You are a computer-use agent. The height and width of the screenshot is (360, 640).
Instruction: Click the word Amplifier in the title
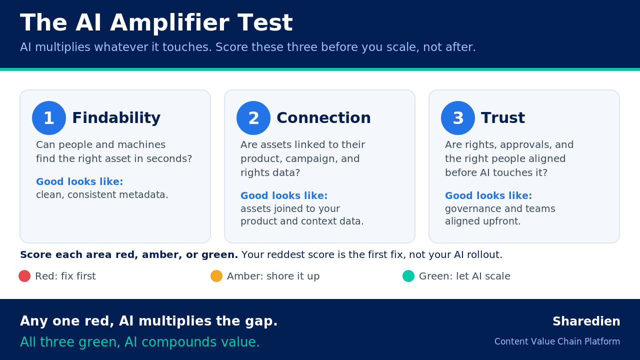tap(169, 23)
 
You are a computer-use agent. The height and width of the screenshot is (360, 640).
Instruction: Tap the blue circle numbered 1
tap(49, 118)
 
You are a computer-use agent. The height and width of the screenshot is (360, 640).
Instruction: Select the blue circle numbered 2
tap(253, 118)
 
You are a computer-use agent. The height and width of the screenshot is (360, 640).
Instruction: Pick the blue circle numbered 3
tap(458, 118)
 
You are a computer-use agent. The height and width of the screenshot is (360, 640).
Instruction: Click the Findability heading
tap(116, 118)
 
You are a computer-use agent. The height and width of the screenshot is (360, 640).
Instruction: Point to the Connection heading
tap(323, 118)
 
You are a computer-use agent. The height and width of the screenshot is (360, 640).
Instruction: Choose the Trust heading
tap(503, 118)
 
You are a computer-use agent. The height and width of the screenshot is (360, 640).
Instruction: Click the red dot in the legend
tap(24, 276)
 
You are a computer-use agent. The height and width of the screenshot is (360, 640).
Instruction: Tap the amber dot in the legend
tap(216, 276)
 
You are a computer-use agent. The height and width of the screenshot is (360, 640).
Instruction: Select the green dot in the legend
tap(408, 276)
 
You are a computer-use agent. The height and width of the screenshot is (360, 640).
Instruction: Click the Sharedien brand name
tap(586, 321)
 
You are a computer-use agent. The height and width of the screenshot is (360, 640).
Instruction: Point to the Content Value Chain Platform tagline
tap(557, 341)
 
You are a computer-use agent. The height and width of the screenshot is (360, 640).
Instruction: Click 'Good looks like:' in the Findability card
tap(79, 181)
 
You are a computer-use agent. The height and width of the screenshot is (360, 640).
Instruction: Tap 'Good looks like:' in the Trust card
tap(488, 195)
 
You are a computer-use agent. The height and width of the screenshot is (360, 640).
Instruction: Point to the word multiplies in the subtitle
tap(62, 47)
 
